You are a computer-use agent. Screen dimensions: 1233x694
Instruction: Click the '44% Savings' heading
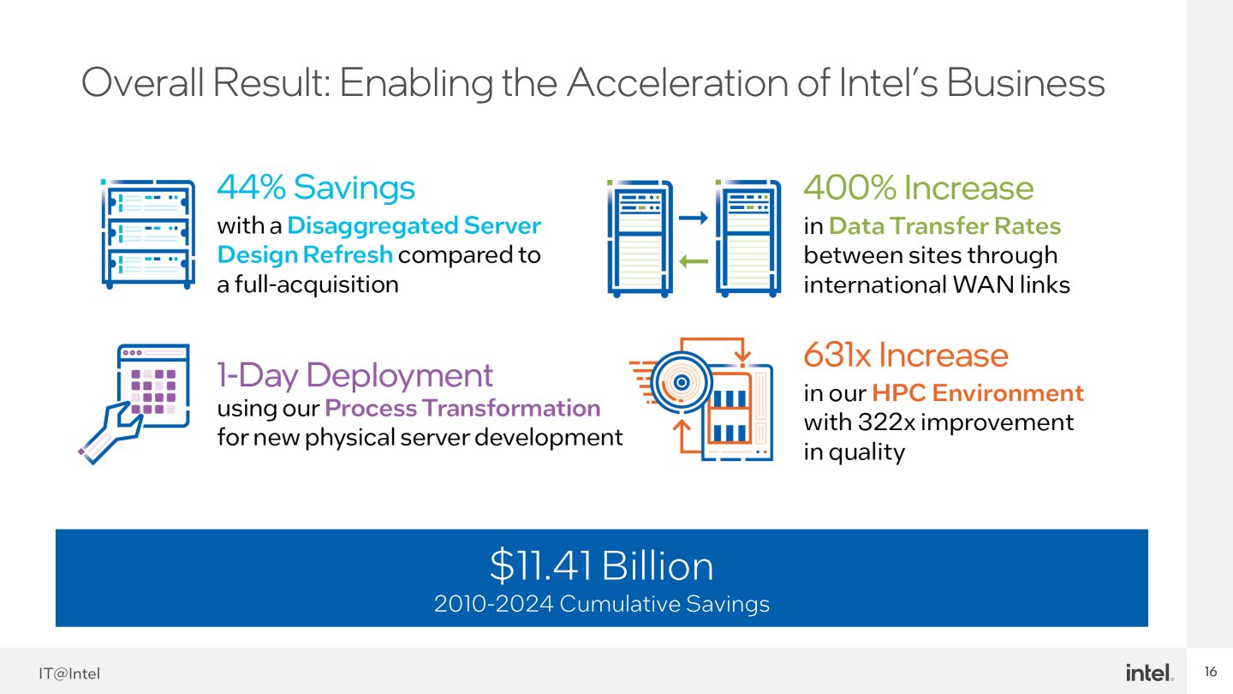[x=316, y=188]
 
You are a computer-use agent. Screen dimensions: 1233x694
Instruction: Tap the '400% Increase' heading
[x=918, y=188]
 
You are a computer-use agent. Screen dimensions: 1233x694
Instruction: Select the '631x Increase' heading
[x=906, y=356]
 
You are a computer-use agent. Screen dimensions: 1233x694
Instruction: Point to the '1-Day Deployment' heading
[x=355, y=375]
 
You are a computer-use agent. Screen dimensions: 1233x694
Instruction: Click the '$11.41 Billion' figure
[x=602, y=565]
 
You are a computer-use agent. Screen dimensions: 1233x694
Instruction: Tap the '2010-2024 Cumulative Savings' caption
[x=602, y=604]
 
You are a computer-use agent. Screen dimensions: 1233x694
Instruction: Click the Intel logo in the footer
[x=1149, y=673]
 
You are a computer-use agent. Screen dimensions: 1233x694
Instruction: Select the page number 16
[x=1211, y=672]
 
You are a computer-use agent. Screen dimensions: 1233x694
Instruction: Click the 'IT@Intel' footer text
[x=69, y=673]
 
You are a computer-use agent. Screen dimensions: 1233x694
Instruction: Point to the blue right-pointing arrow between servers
[x=693, y=218]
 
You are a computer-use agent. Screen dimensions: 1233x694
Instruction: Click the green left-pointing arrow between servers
[x=694, y=261]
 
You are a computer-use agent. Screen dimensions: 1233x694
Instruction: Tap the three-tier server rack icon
[x=147, y=234]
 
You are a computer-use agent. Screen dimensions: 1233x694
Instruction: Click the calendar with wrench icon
[x=134, y=404]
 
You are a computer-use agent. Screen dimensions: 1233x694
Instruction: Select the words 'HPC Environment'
[x=978, y=393]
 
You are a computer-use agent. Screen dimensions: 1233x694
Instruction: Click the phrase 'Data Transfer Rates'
[x=944, y=226]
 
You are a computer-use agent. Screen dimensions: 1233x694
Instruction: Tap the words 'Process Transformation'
[x=462, y=409]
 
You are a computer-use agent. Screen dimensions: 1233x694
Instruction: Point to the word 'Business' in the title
[x=1026, y=83]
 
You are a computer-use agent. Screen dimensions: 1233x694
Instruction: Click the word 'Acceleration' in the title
[x=698, y=83]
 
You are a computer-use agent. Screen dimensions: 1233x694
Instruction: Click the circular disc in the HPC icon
[x=682, y=382]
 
